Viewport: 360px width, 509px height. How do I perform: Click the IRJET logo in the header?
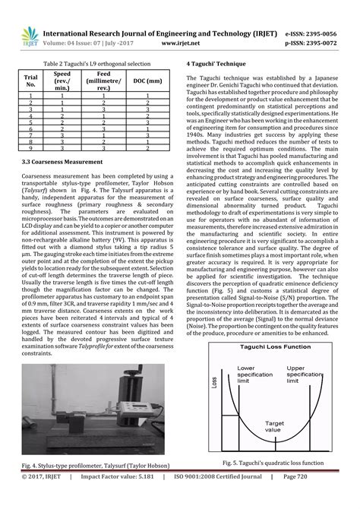[x=30, y=37]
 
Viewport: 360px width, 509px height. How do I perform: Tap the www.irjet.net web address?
[x=180, y=44]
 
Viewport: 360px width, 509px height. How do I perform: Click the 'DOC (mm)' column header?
[x=147, y=80]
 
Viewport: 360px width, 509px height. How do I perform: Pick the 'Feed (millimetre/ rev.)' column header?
[x=105, y=80]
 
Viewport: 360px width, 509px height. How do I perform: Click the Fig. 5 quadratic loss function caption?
[x=273, y=463]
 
